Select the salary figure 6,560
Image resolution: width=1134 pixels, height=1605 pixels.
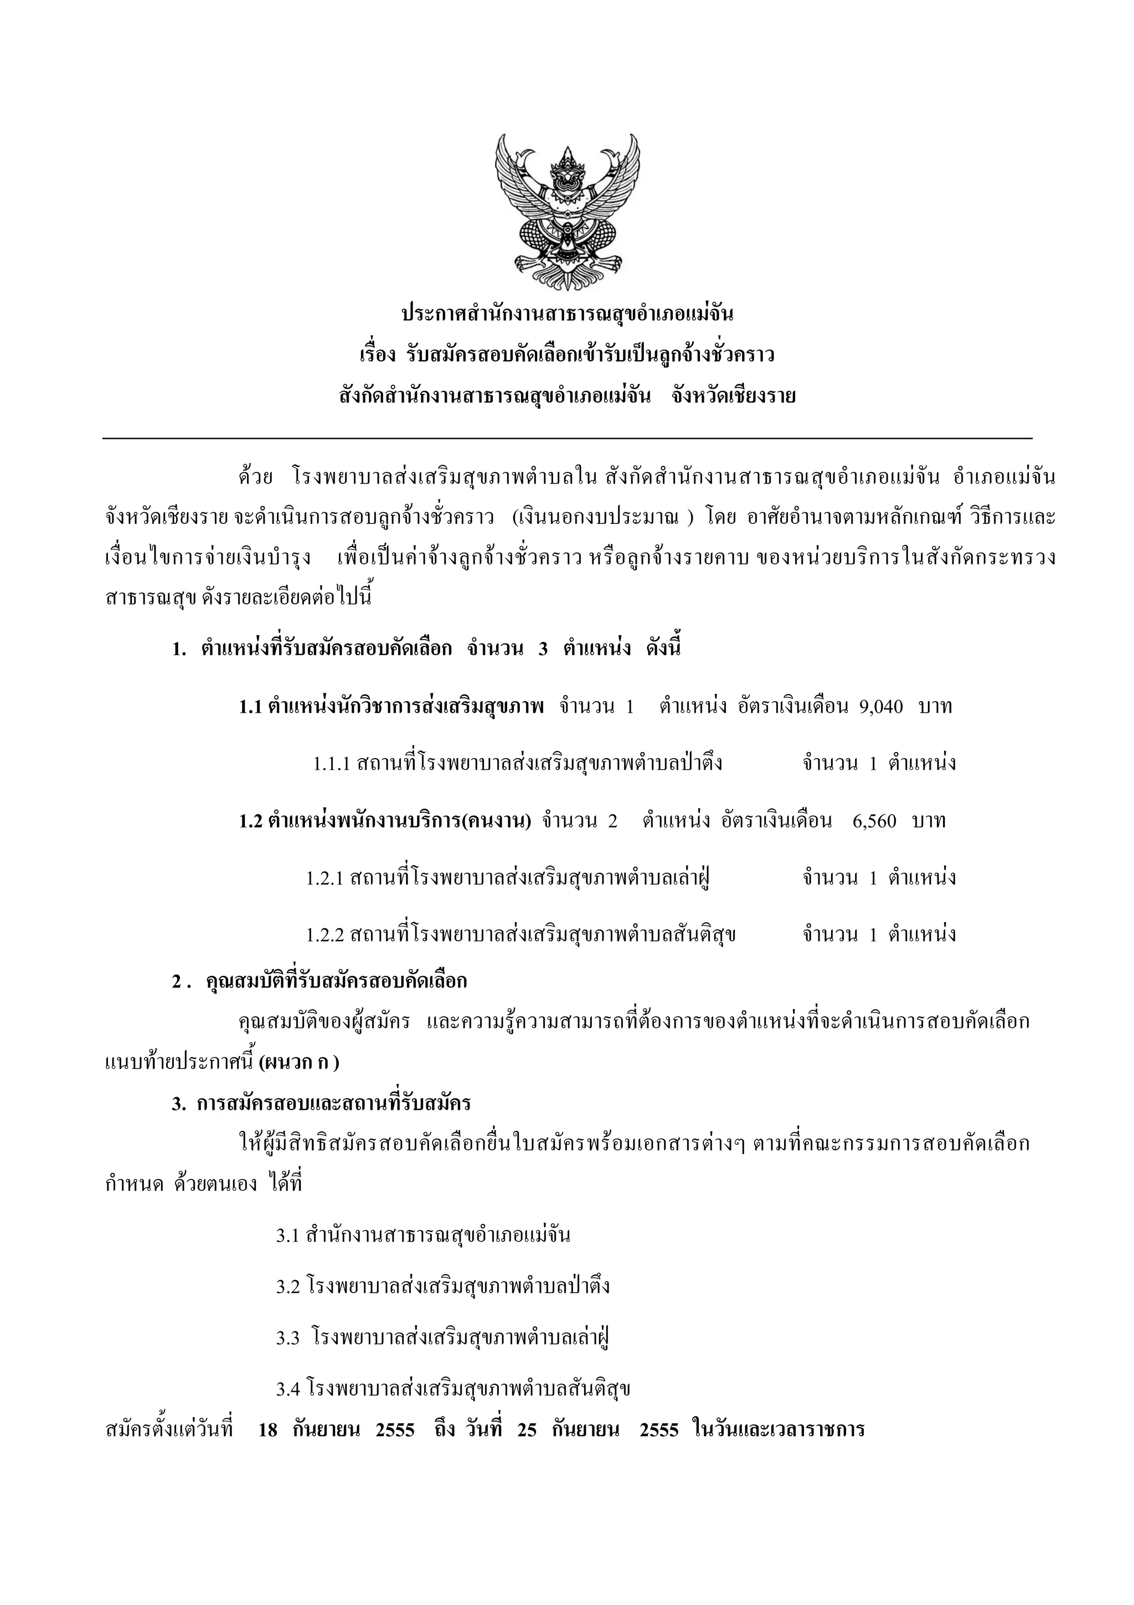(x=874, y=821)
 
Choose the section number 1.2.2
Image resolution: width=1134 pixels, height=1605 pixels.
(x=325, y=935)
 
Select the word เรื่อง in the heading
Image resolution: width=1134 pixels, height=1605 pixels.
(x=377, y=355)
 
